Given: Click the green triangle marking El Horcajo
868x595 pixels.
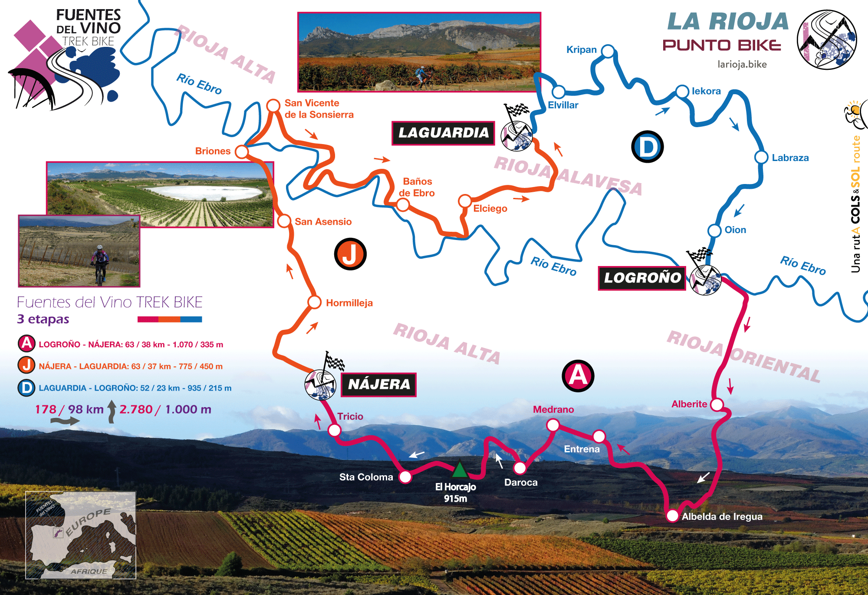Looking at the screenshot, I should click(460, 470).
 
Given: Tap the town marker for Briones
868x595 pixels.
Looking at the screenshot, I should click(242, 152).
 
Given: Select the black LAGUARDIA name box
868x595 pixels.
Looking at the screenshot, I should click(443, 133).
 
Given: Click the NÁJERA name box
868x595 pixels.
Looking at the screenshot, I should click(379, 385).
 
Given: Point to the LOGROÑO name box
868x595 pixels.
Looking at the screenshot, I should click(642, 278).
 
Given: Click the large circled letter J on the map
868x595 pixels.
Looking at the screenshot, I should click(350, 254).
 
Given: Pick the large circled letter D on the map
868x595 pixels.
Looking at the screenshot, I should click(647, 147).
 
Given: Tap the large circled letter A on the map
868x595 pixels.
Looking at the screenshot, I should click(578, 375).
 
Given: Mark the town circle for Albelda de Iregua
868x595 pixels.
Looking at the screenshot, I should click(672, 516).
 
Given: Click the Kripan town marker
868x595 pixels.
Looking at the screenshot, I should click(608, 51).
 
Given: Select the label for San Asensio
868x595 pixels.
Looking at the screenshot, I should click(323, 222).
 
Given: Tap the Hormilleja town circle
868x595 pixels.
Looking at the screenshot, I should click(314, 302).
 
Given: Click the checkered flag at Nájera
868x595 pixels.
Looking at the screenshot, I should click(334, 362).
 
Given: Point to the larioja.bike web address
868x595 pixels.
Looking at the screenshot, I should click(742, 65).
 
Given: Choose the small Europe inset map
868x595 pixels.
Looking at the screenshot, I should click(81, 535).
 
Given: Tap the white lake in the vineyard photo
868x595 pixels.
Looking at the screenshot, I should click(204, 193).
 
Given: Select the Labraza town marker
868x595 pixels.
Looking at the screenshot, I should click(761, 157).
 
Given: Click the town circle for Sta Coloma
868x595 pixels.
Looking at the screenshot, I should click(405, 477).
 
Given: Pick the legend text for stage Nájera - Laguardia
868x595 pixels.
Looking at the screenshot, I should click(131, 366).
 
